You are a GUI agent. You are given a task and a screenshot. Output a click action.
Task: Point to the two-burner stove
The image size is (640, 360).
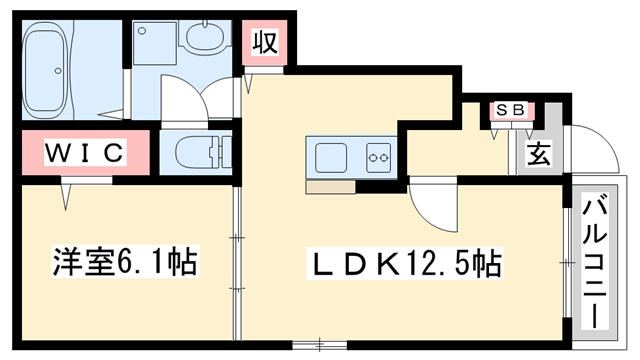[x=378, y=157]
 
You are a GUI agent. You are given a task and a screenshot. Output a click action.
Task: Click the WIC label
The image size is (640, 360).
[x=83, y=153]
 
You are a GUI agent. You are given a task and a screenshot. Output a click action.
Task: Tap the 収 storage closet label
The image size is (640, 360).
[x=264, y=42]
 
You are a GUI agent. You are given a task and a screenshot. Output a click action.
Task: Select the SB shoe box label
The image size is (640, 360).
[x=511, y=111]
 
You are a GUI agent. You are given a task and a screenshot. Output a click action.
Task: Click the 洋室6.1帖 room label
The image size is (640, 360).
[x=124, y=263]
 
